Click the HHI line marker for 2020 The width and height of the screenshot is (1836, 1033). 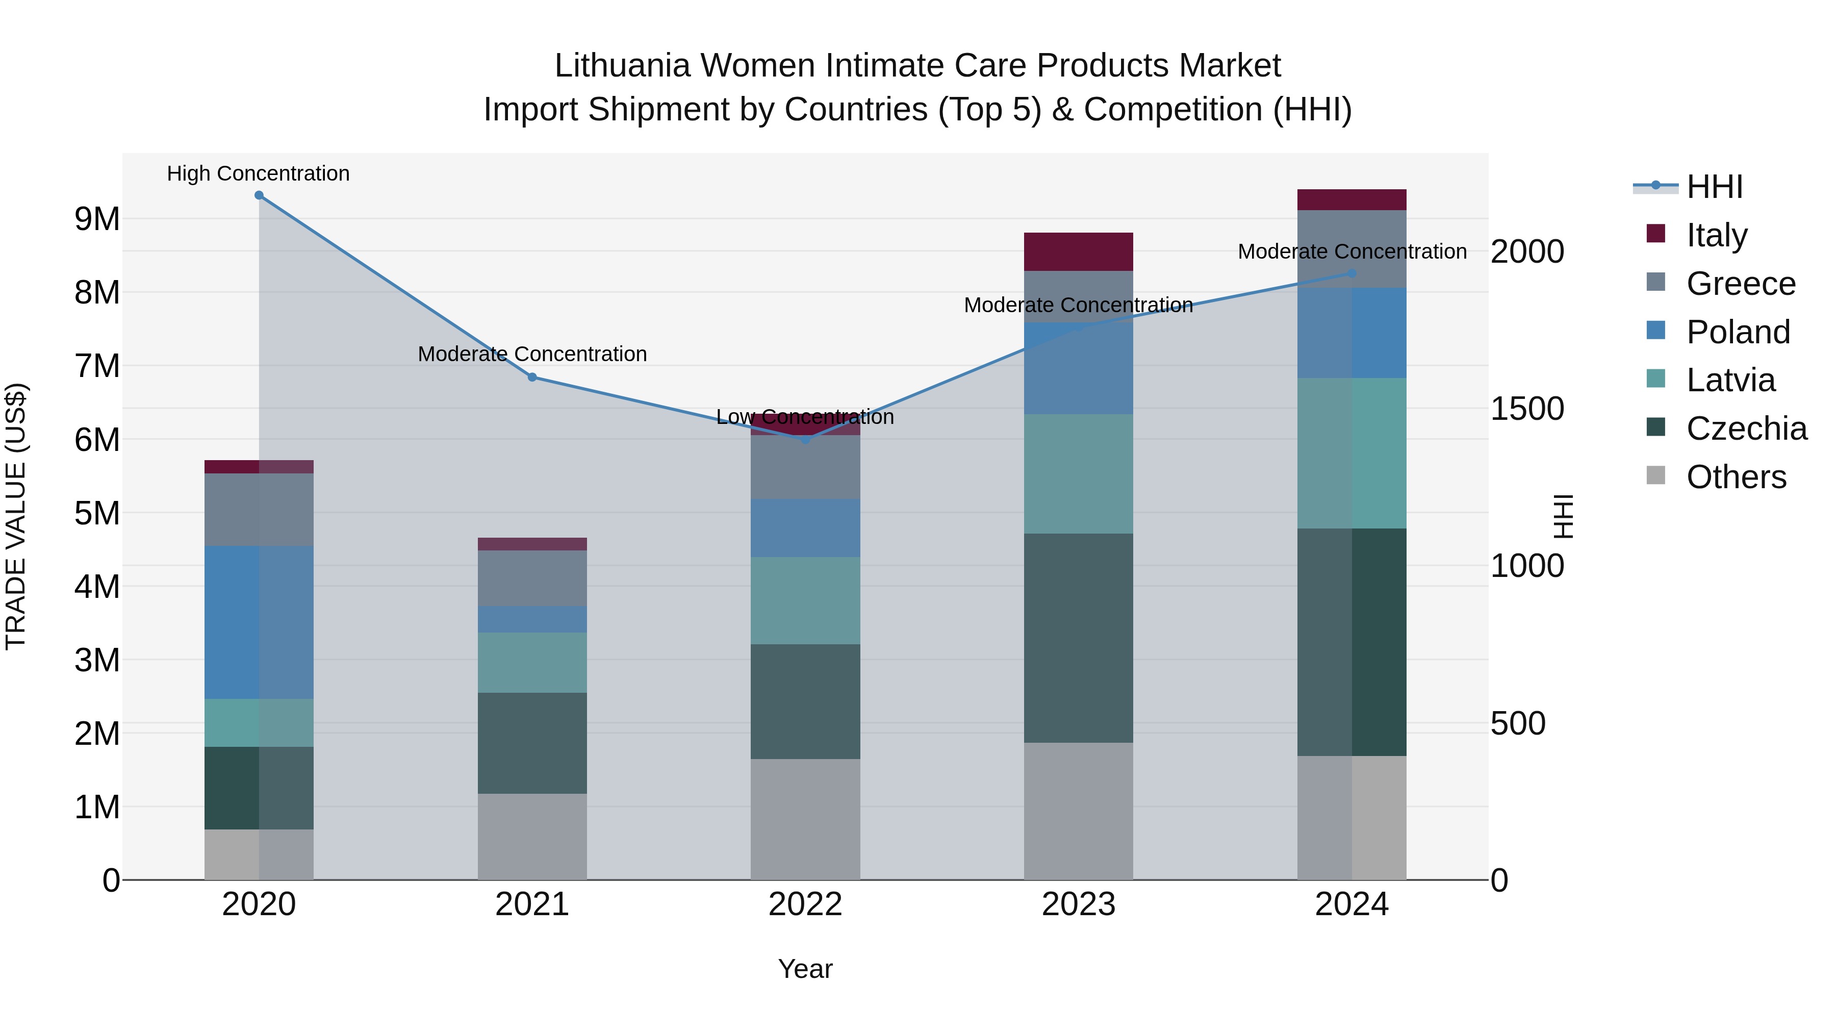tap(259, 195)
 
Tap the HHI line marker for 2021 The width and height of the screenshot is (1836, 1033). tap(532, 377)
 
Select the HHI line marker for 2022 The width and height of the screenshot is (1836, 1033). tap(805, 440)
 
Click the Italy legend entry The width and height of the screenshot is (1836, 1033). tap(1716, 235)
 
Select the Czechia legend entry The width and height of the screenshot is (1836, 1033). tap(1746, 429)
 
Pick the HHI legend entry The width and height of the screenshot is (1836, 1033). tap(1714, 187)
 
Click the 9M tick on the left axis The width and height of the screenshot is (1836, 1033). tap(97, 219)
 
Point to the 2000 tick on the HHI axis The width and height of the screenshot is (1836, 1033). tap(1526, 251)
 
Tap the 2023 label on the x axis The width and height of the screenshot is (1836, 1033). tap(1078, 904)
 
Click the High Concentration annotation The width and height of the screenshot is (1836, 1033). tap(258, 174)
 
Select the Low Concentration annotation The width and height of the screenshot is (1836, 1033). tap(805, 417)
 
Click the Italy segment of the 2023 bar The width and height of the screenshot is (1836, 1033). tap(1078, 251)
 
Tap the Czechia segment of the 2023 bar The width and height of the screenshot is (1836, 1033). tap(1078, 638)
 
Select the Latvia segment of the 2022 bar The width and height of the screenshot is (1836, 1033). tap(805, 600)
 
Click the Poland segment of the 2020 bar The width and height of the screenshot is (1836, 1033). tap(259, 622)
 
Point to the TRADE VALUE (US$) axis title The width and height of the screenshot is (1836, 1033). tap(16, 516)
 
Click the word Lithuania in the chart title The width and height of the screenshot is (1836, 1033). tap(622, 66)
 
